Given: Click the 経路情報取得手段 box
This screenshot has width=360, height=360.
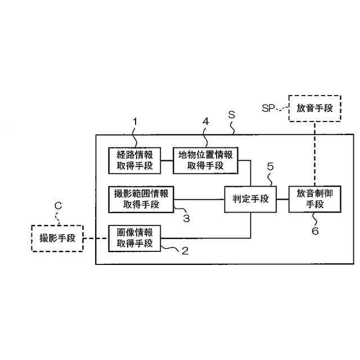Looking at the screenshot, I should click(x=134, y=160).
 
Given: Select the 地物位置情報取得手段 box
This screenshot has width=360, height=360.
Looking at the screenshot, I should click(x=205, y=160).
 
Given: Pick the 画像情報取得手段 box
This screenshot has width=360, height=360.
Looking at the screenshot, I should click(x=134, y=238).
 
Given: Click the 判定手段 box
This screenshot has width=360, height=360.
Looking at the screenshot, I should click(x=250, y=199).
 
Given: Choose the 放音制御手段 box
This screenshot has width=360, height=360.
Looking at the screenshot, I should click(x=315, y=199).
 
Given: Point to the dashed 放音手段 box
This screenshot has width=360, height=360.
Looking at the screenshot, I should click(x=315, y=109).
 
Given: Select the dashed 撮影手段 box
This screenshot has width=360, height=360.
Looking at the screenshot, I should click(x=57, y=238).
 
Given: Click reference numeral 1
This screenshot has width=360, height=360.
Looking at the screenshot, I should click(x=135, y=121).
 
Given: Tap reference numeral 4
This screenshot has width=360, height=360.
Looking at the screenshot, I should click(x=206, y=121).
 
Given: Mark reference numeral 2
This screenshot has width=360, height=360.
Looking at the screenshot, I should click(x=184, y=251).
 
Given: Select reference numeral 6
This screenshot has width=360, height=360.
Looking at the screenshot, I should click(x=315, y=231).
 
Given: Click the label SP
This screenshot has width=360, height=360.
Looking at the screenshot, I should click(x=269, y=108).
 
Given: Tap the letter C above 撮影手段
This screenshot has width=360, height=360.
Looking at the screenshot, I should click(x=57, y=206).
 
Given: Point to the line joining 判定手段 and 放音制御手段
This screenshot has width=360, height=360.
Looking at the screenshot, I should click(x=282, y=199).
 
